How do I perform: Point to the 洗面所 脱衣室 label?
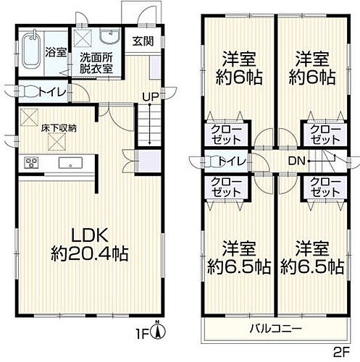click(96, 63)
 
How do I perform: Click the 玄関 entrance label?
click(142, 41)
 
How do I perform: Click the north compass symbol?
click(164, 331)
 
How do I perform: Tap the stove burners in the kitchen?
click(31, 161)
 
